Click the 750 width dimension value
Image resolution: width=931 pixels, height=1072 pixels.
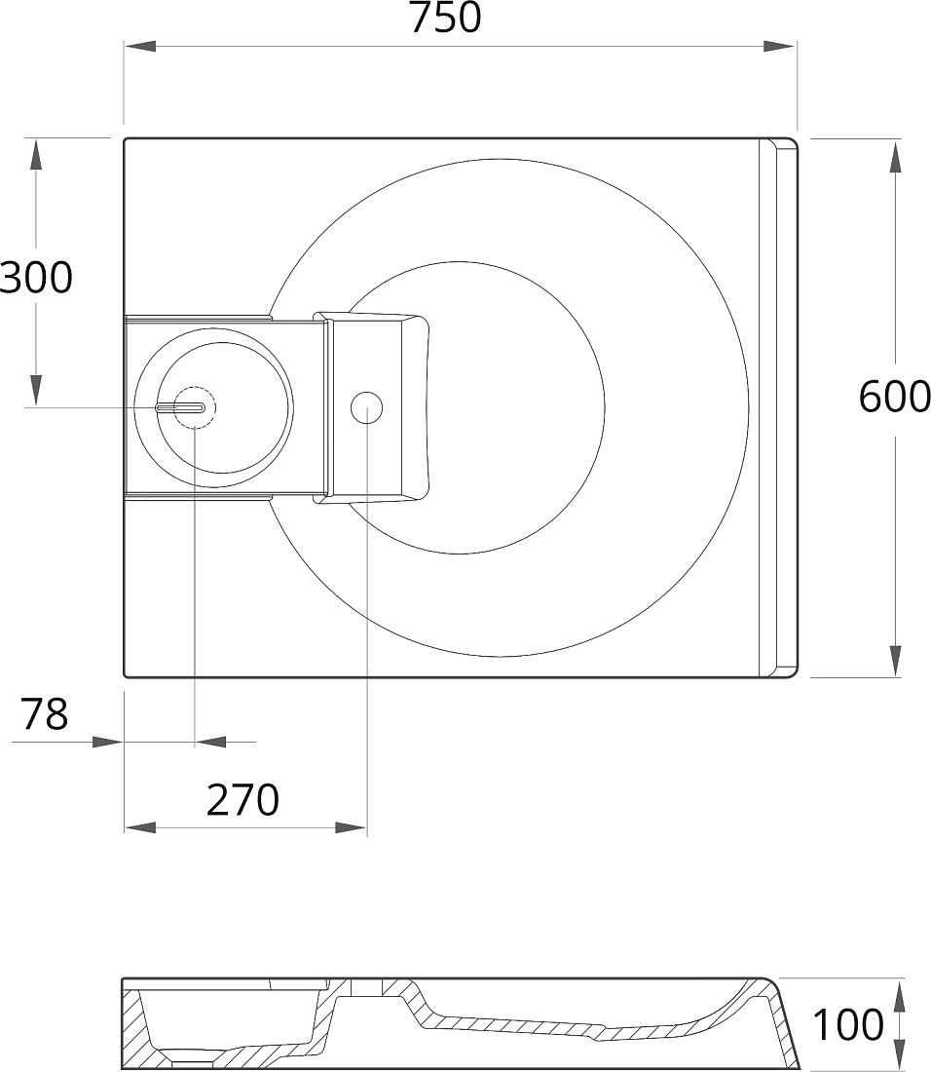(445, 18)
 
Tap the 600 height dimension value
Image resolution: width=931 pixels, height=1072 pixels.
(894, 397)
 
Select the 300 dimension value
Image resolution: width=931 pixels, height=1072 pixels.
(35, 277)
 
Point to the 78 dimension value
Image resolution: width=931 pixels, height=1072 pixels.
(45, 713)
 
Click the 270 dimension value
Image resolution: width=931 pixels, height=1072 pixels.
(243, 800)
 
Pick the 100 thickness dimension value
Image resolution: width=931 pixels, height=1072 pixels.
(847, 1024)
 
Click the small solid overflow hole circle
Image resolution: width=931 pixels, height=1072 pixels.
(367, 407)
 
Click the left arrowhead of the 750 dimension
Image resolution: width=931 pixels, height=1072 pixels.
(140, 46)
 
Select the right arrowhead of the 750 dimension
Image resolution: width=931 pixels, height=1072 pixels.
(779, 46)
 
